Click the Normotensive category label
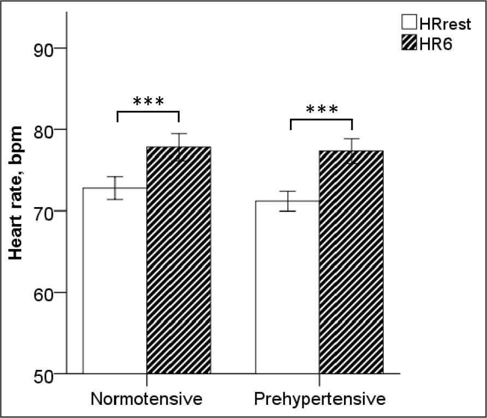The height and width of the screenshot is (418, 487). [x=146, y=398]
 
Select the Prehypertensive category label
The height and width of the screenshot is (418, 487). [x=320, y=398]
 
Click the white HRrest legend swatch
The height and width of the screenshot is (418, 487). [x=409, y=23]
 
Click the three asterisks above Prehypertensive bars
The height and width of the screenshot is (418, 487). [x=322, y=109]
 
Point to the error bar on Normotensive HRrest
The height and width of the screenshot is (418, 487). [x=115, y=188]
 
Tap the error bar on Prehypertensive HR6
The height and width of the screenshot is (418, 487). [x=351, y=151]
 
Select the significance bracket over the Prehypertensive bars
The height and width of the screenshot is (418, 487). [x=321, y=120]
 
